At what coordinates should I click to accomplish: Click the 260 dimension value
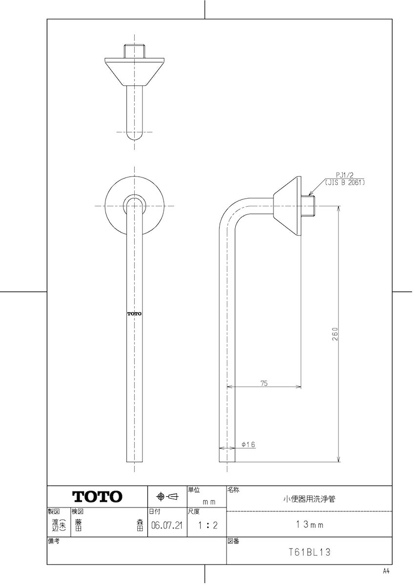(x=335, y=334)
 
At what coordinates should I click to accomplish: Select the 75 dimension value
(x=264, y=383)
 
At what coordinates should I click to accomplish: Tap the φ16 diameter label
(x=248, y=445)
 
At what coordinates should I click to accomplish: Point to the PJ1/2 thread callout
(x=345, y=175)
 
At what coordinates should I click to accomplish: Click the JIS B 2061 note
(x=345, y=182)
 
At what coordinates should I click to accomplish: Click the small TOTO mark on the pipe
(x=134, y=313)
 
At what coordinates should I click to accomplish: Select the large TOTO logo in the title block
(x=97, y=496)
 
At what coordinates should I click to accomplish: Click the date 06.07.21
(x=167, y=525)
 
